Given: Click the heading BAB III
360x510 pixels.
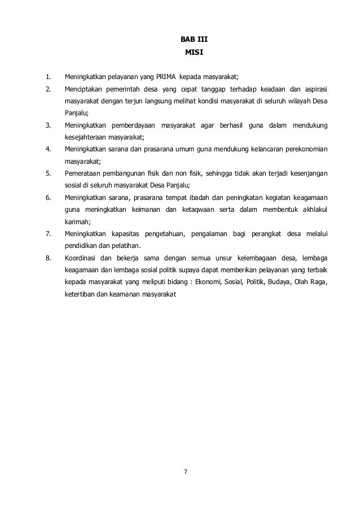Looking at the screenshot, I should [190, 40].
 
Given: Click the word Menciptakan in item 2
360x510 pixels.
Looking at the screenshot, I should [83, 89].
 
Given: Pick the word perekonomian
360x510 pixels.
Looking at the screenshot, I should [304, 150].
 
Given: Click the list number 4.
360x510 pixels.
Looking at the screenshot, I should [49, 150].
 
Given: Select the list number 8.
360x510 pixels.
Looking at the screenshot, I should [49, 258].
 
